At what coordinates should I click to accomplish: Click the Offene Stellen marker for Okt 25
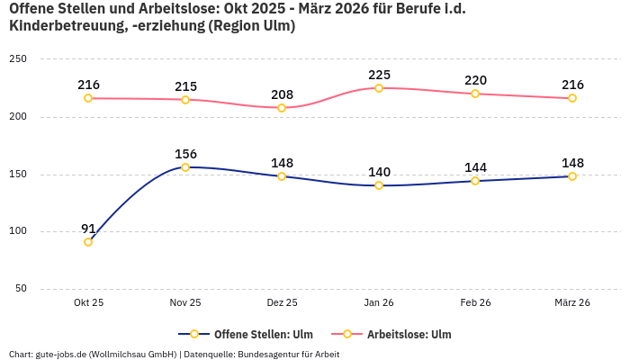coord(88,242)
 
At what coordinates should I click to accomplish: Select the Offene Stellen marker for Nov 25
coord(185,167)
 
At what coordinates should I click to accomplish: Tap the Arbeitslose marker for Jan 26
coord(379,88)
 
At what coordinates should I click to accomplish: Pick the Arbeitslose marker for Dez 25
coord(282,108)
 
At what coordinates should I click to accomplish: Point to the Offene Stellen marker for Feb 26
coord(475,181)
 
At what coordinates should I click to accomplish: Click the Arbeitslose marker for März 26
coord(572,98)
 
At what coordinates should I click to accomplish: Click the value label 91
coord(88,228)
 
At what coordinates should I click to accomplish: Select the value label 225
coord(379,75)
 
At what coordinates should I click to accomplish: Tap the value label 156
coord(185,154)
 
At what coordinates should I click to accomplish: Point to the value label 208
coord(282,94)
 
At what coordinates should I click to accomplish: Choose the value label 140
coord(379,172)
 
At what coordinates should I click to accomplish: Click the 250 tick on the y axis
coord(18,59)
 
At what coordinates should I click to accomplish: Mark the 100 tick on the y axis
coord(18,231)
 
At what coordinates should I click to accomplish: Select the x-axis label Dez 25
coord(282,303)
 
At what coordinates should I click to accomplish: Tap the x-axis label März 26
coord(572,303)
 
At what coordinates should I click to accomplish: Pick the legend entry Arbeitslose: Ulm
coord(409,335)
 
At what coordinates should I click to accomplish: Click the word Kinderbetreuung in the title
coord(64,26)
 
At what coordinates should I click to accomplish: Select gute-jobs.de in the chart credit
coord(60,355)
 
